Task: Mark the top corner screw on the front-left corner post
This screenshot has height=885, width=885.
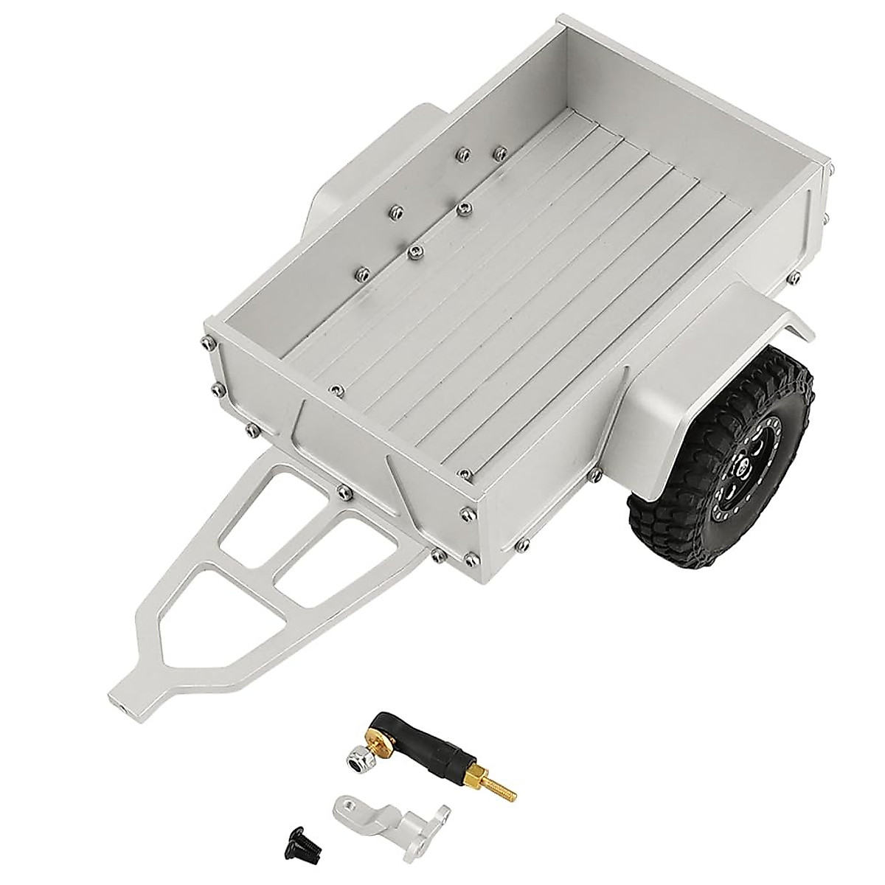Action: (x=206, y=341)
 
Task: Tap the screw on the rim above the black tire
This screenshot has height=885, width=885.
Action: (x=792, y=277)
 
